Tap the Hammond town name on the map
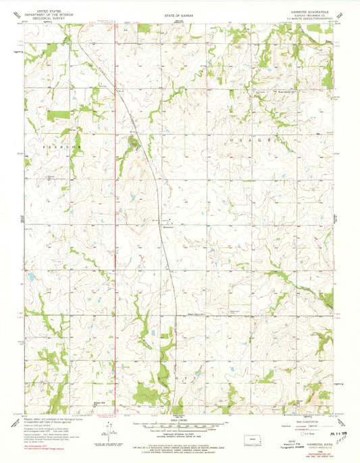[x=169, y=228]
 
